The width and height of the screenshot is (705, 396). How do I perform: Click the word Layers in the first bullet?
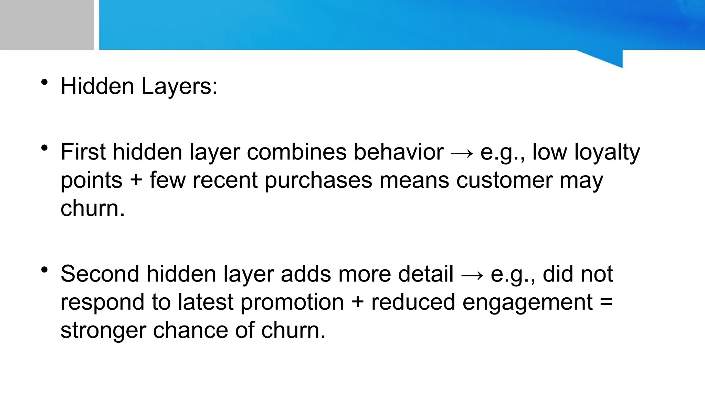point(179,86)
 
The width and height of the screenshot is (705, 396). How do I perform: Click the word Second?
point(100,274)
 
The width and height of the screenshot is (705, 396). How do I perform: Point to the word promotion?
point(292,302)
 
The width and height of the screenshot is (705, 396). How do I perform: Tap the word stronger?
point(103,330)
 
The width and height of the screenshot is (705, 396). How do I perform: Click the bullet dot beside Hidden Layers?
point(44,82)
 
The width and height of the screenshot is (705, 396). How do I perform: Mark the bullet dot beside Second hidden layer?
point(44,270)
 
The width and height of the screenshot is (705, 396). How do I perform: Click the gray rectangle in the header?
point(47,25)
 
